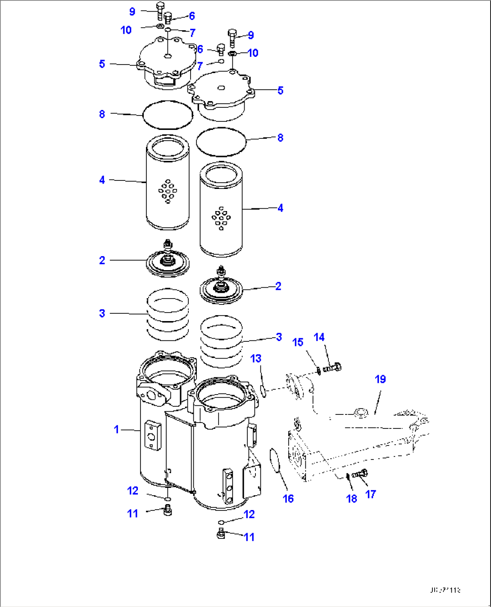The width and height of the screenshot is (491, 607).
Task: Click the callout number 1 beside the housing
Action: click(117, 429)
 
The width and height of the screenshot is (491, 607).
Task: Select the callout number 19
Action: click(380, 379)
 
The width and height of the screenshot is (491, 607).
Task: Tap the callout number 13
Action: click(256, 359)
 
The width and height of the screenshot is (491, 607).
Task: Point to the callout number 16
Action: click(288, 498)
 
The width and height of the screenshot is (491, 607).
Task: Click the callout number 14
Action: click(319, 337)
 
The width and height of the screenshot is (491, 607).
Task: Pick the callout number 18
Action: click(351, 498)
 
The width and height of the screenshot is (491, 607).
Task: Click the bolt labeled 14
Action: click(333, 368)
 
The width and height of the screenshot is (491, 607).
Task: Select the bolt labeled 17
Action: click(360, 474)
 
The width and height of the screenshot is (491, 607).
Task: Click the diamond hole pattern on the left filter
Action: click(168, 191)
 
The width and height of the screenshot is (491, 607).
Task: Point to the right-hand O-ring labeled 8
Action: click(222, 142)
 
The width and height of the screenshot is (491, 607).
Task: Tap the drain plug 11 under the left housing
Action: click(168, 510)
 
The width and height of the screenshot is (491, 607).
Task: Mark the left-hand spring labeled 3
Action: click(168, 314)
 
